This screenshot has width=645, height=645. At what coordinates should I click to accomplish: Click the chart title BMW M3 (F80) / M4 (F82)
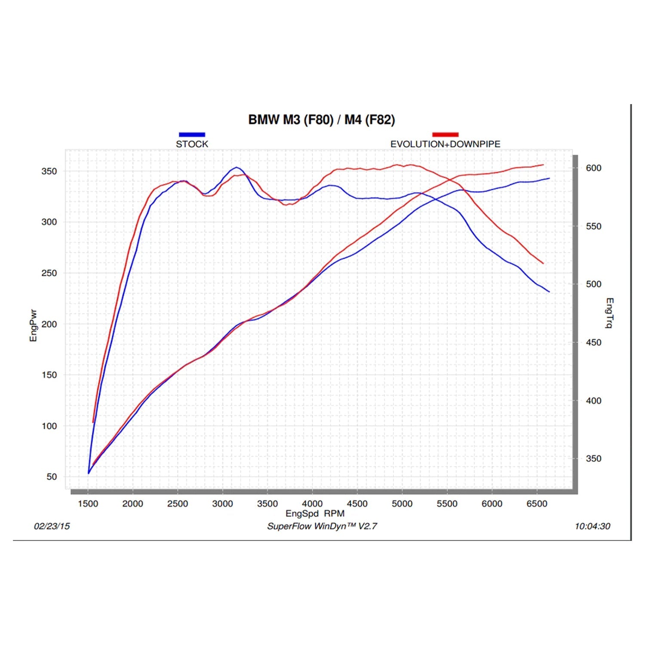click(x=322, y=120)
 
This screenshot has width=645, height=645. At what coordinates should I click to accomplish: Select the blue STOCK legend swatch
click(x=192, y=135)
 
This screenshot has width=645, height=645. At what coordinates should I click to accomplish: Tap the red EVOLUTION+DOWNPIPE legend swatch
click(x=445, y=135)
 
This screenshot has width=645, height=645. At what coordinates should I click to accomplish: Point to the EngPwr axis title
click(x=33, y=326)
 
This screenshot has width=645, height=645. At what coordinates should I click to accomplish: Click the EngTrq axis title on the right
click(x=609, y=313)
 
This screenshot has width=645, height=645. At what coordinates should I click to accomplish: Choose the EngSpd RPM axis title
click(x=315, y=513)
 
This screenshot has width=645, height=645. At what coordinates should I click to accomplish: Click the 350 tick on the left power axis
click(x=49, y=171)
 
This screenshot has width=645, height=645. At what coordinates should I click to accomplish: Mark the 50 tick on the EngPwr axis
click(x=52, y=477)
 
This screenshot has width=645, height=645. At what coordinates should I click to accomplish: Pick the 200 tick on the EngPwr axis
click(x=49, y=324)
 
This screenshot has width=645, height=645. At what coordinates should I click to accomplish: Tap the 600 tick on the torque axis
click(x=593, y=168)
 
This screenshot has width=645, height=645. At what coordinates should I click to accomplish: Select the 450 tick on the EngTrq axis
click(x=593, y=343)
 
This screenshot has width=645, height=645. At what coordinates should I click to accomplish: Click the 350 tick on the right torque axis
click(x=593, y=459)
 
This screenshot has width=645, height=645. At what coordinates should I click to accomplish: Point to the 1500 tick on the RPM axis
click(x=88, y=504)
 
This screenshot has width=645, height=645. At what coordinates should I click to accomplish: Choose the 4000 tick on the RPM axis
click(x=312, y=504)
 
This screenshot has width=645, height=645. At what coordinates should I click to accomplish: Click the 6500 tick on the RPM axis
click(x=537, y=504)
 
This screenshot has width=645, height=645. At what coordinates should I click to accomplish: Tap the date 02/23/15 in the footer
click(x=52, y=526)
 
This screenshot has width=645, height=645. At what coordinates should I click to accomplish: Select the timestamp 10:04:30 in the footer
click(x=592, y=526)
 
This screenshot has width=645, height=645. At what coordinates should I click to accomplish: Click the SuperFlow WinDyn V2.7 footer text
click(x=322, y=526)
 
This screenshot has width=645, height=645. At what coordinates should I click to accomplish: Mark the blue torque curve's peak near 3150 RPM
click(x=236, y=167)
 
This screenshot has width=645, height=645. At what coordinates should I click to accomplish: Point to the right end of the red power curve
click(x=543, y=165)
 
